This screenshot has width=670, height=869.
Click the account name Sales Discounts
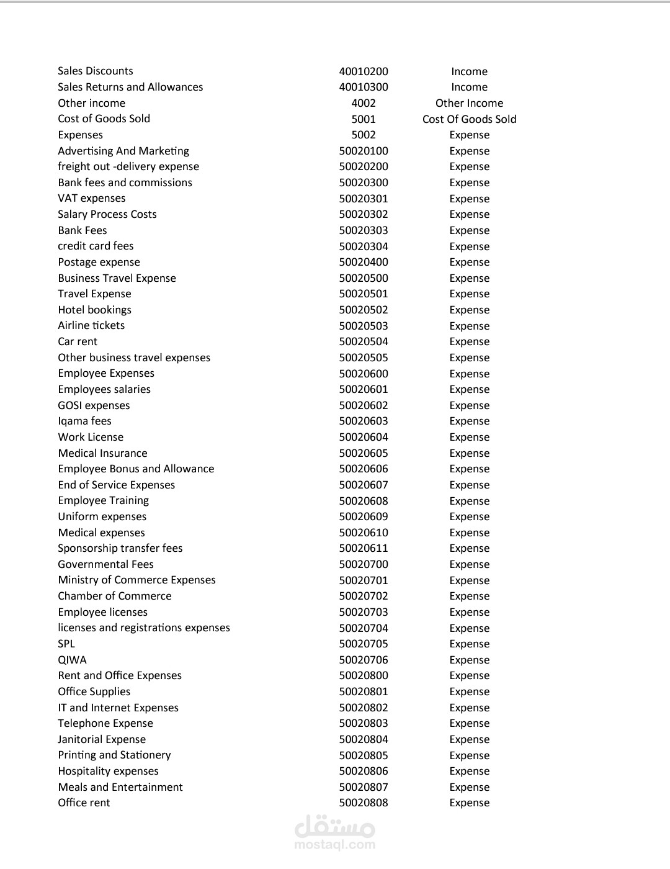click(x=96, y=71)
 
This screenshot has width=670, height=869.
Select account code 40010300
click(x=364, y=87)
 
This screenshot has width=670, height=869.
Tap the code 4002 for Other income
click(x=364, y=103)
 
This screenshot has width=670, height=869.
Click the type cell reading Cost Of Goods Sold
click(x=469, y=119)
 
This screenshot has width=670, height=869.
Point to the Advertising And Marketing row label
click(x=123, y=151)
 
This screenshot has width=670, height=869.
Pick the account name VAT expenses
click(x=92, y=198)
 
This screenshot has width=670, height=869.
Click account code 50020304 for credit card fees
click(x=364, y=246)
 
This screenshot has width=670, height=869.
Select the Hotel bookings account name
click(x=95, y=310)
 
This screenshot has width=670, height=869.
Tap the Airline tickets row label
click(x=91, y=325)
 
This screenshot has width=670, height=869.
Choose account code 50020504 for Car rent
click(x=364, y=341)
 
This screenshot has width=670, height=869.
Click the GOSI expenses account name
click(x=94, y=405)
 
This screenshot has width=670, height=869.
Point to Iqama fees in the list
click(x=85, y=421)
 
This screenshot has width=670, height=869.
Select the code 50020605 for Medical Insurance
click(x=364, y=453)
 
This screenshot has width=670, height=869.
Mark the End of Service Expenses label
click(x=117, y=485)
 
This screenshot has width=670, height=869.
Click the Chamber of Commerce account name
click(x=115, y=596)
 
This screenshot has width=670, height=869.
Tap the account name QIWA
click(x=73, y=660)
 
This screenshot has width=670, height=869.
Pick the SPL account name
click(x=66, y=644)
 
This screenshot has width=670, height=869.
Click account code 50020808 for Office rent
click(x=364, y=803)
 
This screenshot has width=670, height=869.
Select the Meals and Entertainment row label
click(x=120, y=787)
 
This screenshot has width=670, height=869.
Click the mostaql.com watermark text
click(x=335, y=844)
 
